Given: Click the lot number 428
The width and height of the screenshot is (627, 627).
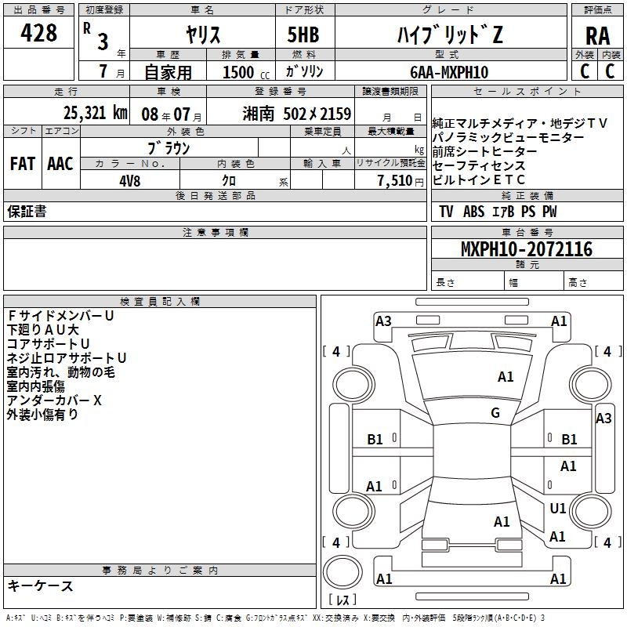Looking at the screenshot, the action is point(40,33).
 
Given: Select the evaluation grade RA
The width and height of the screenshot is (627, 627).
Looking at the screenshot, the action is point(597,36).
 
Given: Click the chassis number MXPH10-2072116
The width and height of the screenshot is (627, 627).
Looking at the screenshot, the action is point(526,249).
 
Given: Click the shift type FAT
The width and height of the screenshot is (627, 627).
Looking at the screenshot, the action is point(22,164).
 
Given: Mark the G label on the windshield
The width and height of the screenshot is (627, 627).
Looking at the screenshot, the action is point(495,413).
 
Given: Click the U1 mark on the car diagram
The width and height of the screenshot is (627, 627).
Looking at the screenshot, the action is point(557,509).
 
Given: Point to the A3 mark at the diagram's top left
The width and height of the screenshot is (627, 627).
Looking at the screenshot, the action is point(383,321).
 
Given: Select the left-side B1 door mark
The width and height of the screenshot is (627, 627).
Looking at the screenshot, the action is point(375,440).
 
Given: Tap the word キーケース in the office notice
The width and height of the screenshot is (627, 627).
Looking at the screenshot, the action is point(40,585).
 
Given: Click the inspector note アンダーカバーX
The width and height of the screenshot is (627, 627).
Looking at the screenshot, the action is point(54,400).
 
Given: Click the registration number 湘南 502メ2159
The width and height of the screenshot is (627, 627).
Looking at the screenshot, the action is point(297,114).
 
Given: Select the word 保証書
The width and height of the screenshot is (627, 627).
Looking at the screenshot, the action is point(27,212).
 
